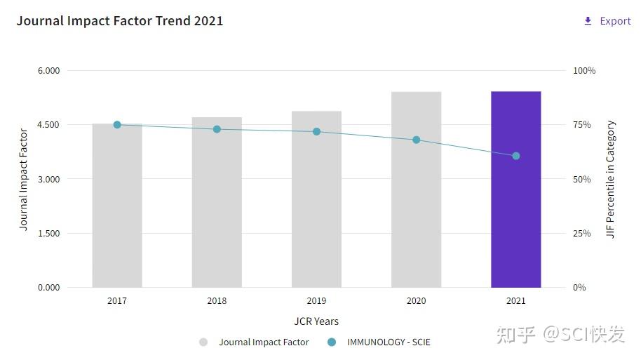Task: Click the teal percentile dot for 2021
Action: click(516, 156)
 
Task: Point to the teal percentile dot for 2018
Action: click(217, 129)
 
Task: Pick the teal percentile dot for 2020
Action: click(416, 140)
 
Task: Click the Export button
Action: click(607, 21)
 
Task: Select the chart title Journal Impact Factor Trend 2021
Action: click(120, 21)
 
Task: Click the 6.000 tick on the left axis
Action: click(48, 71)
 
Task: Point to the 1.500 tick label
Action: click(48, 233)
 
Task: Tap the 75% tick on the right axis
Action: click(582, 125)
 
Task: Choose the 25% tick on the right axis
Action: click(582, 233)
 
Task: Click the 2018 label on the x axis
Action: click(217, 301)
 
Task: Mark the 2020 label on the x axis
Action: click(416, 301)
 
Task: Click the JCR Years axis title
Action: click(316, 321)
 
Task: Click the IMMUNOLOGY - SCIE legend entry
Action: click(388, 342)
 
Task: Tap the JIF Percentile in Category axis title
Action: click(611, 180)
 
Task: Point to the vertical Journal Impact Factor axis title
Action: click(24, 180)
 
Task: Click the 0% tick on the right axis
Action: click(579, 287)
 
